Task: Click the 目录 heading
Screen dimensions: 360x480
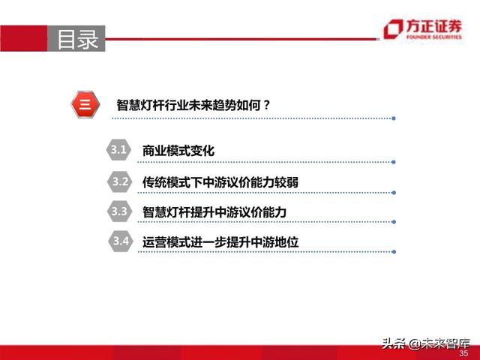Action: (x=78, y=39)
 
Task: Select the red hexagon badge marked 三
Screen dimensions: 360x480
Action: (x=85, y=105)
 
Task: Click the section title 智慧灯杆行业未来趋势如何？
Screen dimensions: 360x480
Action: (x=193, y=106)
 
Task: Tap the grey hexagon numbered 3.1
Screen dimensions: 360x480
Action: (x=118, y=150)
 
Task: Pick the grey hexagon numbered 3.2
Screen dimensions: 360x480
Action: (x=118, y=181)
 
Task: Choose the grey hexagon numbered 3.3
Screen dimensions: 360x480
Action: (x=118, y=211)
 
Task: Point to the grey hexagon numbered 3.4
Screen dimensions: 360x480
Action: (x=118, y=241)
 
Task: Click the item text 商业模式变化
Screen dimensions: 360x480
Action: (x=178, y=151)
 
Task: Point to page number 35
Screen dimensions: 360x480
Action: (x=463, y=352)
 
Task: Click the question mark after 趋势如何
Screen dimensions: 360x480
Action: (x=266, y=106)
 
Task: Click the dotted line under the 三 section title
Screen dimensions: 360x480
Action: (x=255, y=118)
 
